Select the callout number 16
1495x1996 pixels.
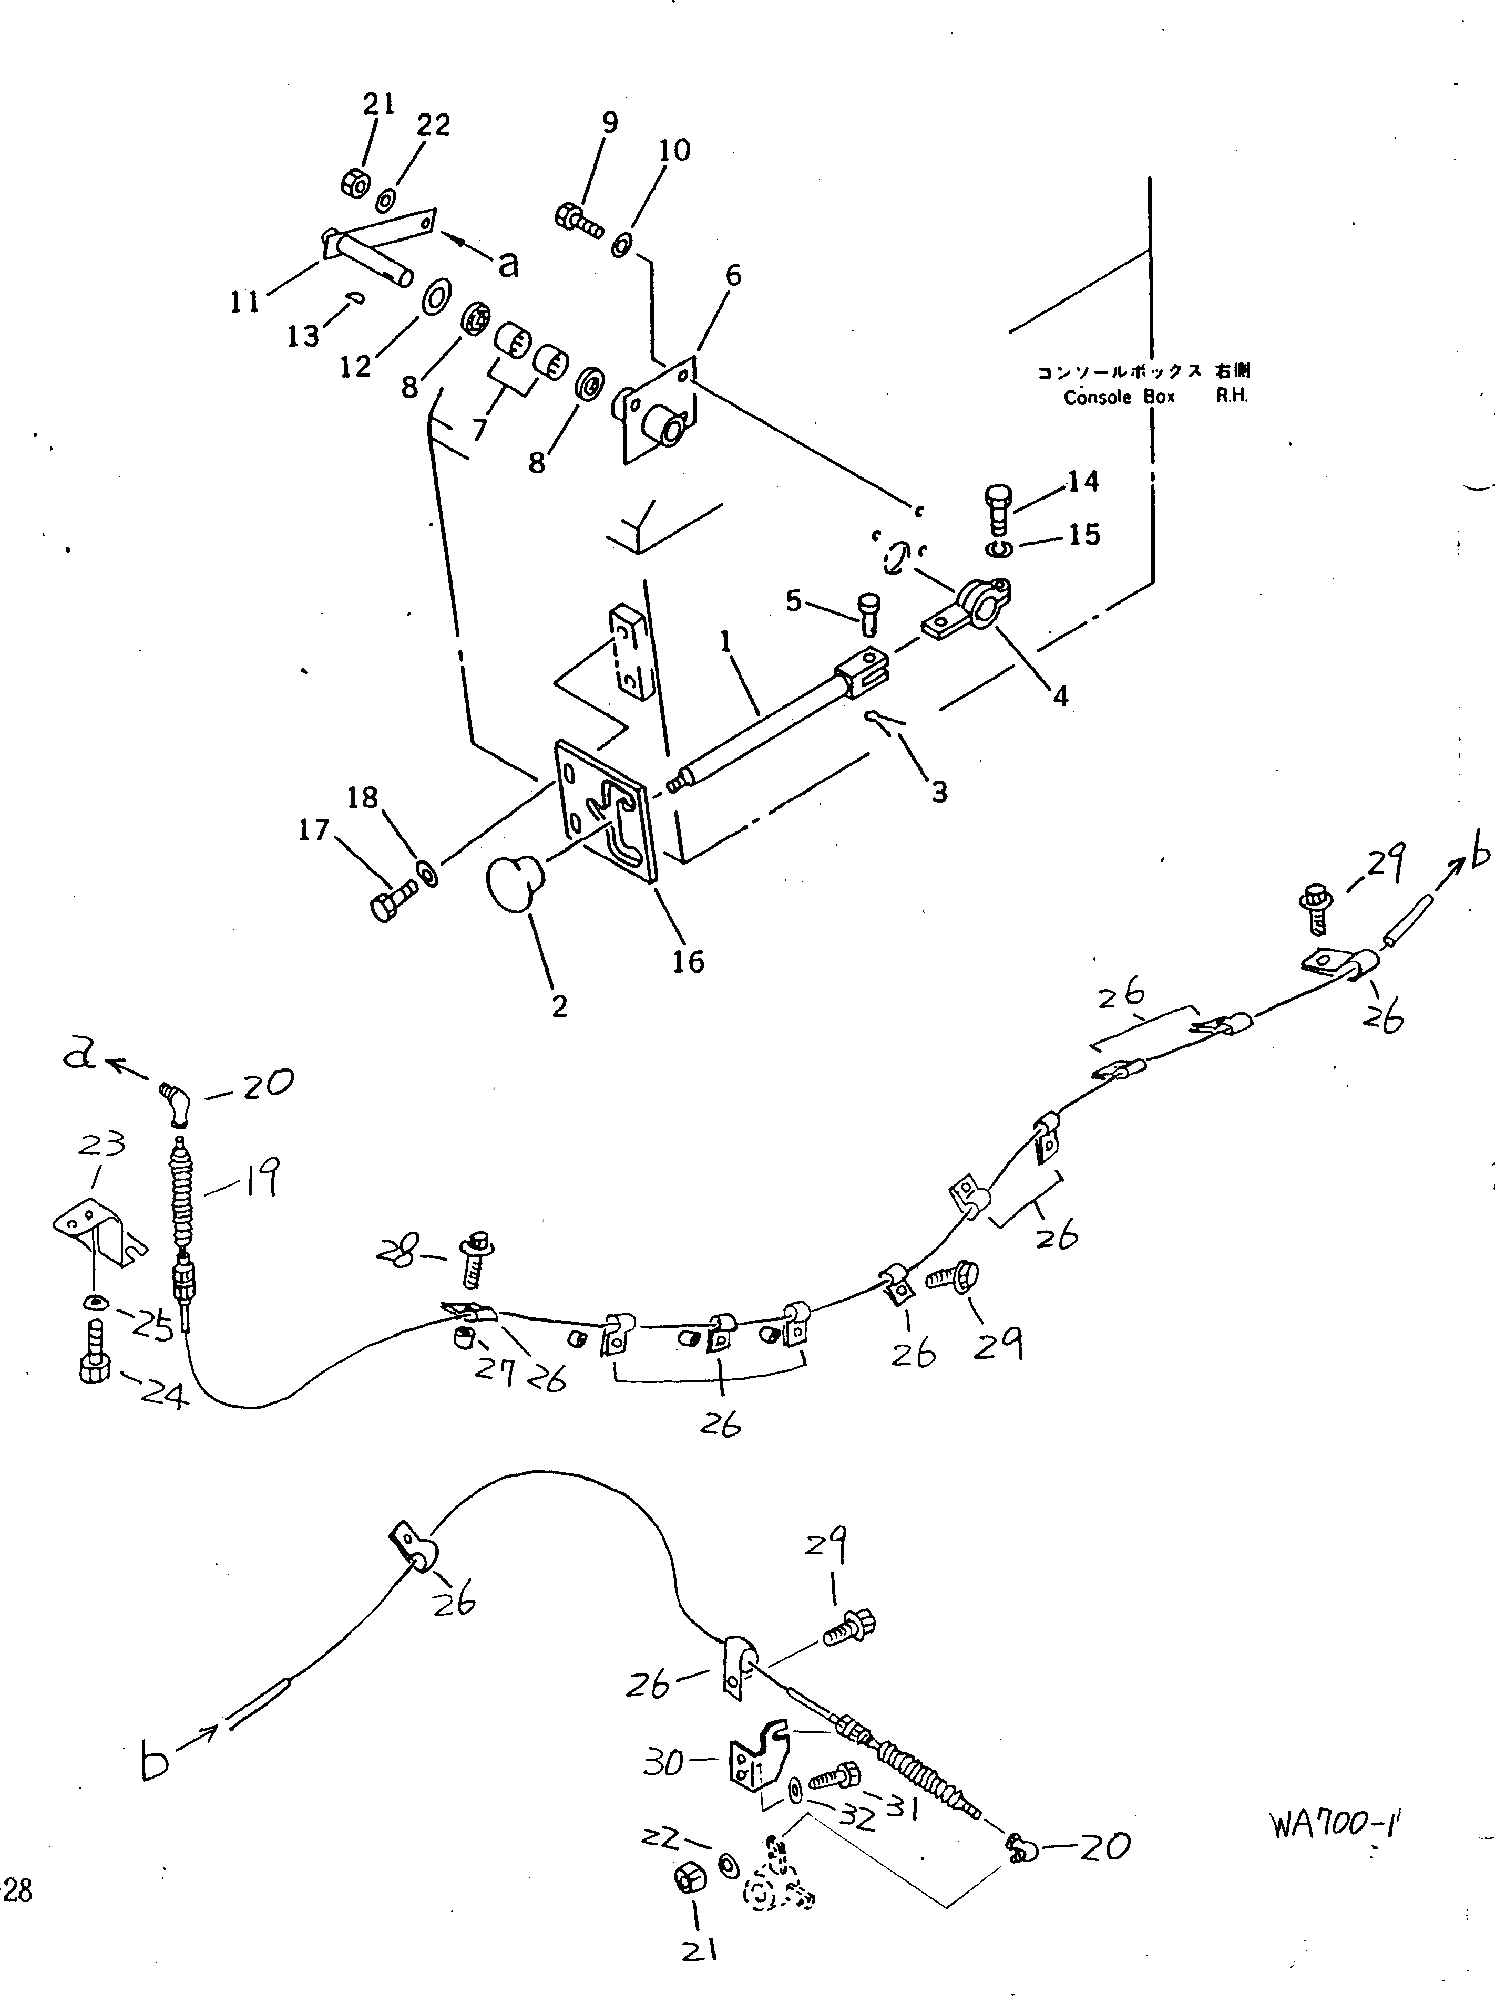[x=688, y=962]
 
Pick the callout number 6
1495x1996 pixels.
[x=733, y=275]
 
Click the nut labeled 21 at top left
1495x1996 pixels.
[x=353, y=183]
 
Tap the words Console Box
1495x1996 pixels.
[x=1120, y=398]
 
